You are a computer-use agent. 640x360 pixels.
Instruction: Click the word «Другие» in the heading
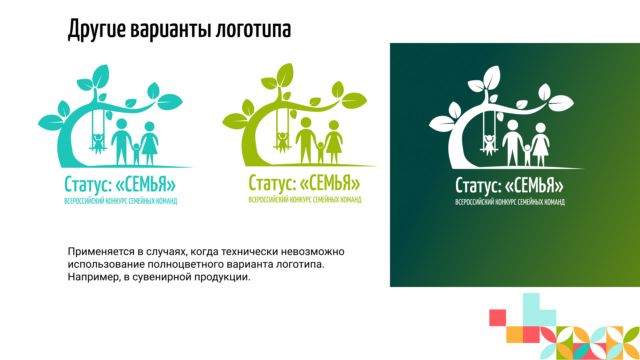(x=97, y=30)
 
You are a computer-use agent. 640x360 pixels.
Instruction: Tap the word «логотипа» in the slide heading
(x=253, y=29)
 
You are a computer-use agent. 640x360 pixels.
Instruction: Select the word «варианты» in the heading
(x=171, y=29)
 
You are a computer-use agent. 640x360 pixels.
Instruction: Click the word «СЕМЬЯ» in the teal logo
(x=146, y=184)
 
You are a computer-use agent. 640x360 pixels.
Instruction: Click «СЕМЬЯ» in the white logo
(x=534, y=185)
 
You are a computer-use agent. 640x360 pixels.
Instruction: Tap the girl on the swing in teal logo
(x=98, y=143)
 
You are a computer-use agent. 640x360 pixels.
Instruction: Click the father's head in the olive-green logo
(x=306, y=122)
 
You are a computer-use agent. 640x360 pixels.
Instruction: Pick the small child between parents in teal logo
(x=136, y=154)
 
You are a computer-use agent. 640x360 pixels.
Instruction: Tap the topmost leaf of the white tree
(x=492, y=77)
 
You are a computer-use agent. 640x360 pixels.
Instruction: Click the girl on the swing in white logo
(x=489, y=145)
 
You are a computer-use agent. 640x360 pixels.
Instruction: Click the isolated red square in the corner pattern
(x=498, y=318)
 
